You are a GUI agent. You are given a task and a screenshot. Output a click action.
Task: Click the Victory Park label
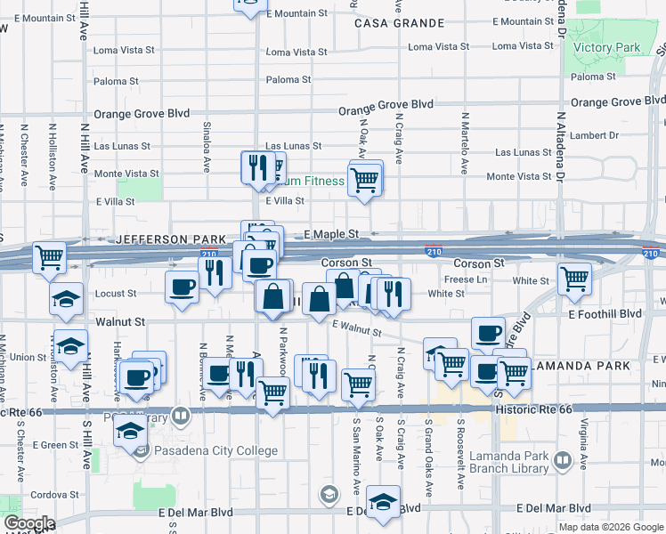point(607,47)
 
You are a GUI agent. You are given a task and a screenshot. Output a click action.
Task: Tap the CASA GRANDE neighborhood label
point(387,23)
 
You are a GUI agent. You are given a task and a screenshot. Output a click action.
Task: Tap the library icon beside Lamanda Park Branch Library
point(562,461)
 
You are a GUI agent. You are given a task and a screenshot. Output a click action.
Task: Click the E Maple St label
point(330,233)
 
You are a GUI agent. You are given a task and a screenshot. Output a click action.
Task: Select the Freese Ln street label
point(466,279)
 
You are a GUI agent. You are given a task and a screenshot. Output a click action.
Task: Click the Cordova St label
point(31,494)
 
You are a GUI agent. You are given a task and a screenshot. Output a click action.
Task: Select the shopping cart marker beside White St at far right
point(574,279)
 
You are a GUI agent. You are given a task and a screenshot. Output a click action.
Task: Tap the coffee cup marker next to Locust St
point(183,287)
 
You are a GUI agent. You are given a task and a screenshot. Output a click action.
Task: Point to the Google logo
point(29,524)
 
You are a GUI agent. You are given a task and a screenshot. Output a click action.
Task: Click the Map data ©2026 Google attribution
point(611,527)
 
